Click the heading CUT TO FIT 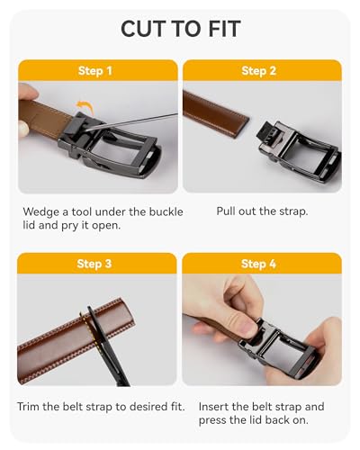click(180, 29)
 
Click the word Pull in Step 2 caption click(228, 211)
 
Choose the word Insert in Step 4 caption click(216, 407)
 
